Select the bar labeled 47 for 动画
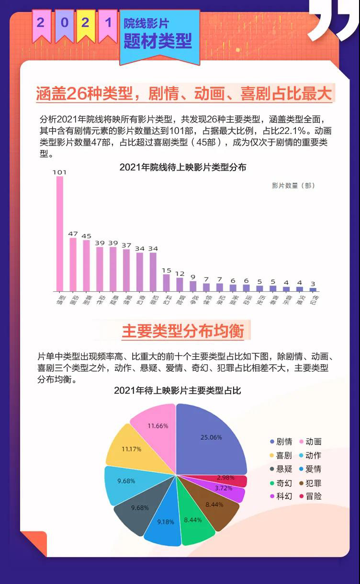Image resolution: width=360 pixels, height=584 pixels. pyautogui.click(x=73, y=264)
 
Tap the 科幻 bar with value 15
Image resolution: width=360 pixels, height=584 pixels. pyautogui.click(x=166, y=283)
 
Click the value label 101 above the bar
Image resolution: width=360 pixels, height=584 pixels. pyautogui.click(x=59, y=172)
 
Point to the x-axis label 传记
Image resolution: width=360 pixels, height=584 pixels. pyautogui.click(x=313, y=300)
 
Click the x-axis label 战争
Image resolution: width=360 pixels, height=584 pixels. pyautogui.click(x=193, y=300)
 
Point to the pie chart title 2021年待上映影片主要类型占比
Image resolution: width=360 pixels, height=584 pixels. pyautogui.click(x=177, y=391)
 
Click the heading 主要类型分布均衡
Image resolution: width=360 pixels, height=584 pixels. pyautogui.click(x=183, y=331)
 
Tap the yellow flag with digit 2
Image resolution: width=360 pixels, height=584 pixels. pyautogui.click(x=85, y=24)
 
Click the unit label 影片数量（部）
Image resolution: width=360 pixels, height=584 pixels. pyautogui.click(x=293, y=185)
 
